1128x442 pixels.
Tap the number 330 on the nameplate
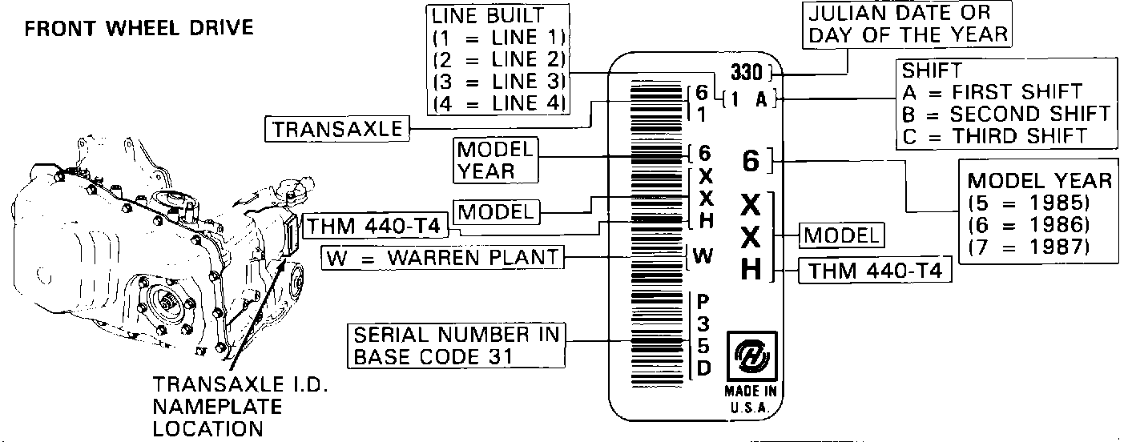point(747,70)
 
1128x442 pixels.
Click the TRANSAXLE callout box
point(337,129)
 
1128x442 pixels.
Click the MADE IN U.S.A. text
point(750,399)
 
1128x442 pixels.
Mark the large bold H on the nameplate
point(751,269)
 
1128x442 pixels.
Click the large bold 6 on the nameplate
point(751,162)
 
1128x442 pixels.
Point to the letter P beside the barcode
point(703,302)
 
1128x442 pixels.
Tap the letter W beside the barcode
point(703,257)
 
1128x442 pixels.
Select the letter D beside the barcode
point(703,369)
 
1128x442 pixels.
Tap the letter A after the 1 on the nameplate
point(761,100)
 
